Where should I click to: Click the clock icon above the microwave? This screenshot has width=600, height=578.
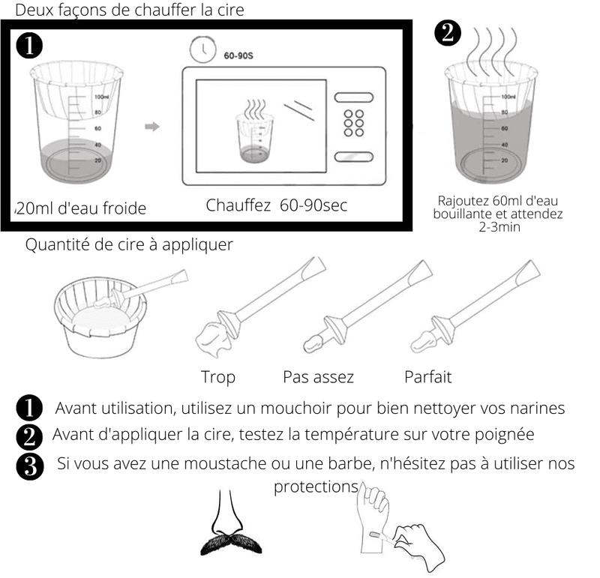(200, 50)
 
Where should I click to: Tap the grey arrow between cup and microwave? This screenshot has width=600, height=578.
(152, 127)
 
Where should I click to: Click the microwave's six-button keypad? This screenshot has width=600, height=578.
(353, 124)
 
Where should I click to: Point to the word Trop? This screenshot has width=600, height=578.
(217, 376)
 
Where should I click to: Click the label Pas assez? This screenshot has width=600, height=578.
(318, 376)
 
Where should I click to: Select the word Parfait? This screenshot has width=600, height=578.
(427, 376)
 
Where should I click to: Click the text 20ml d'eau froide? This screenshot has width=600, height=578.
(81, 208)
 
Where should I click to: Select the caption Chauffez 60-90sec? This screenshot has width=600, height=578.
(277, 205)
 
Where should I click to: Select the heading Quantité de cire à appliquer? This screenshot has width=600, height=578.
(129, 245)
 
